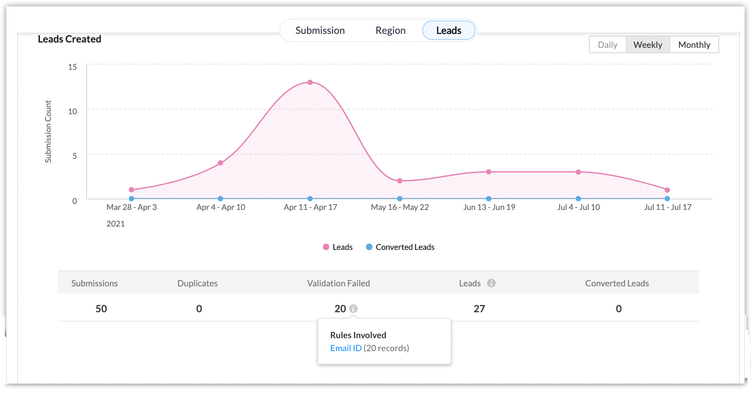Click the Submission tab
[x=320, y=31]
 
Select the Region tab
[x=390, y=31]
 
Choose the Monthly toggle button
[x=694, y=45]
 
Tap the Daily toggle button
[x=607, y=45]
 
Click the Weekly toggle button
[x=647, y=45]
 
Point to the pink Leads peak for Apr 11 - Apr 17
[x=310, y=82]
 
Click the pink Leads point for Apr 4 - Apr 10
[x=220, y=163]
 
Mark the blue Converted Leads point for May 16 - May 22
[x=400, y=199]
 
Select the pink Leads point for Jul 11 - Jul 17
[x=667, y=190]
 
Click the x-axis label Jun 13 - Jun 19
[x=489, y=207]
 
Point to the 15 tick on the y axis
[x=72, y=67]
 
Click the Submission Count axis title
[x=48, y=132]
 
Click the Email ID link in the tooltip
[x=346, y=348]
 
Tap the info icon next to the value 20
[x=353, y=309]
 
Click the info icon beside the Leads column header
[x=491, y=283]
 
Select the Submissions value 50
[x=101, y=309]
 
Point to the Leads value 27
[x=479, y=309]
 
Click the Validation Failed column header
[x=338, y=283]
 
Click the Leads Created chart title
[x=69, y=39]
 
